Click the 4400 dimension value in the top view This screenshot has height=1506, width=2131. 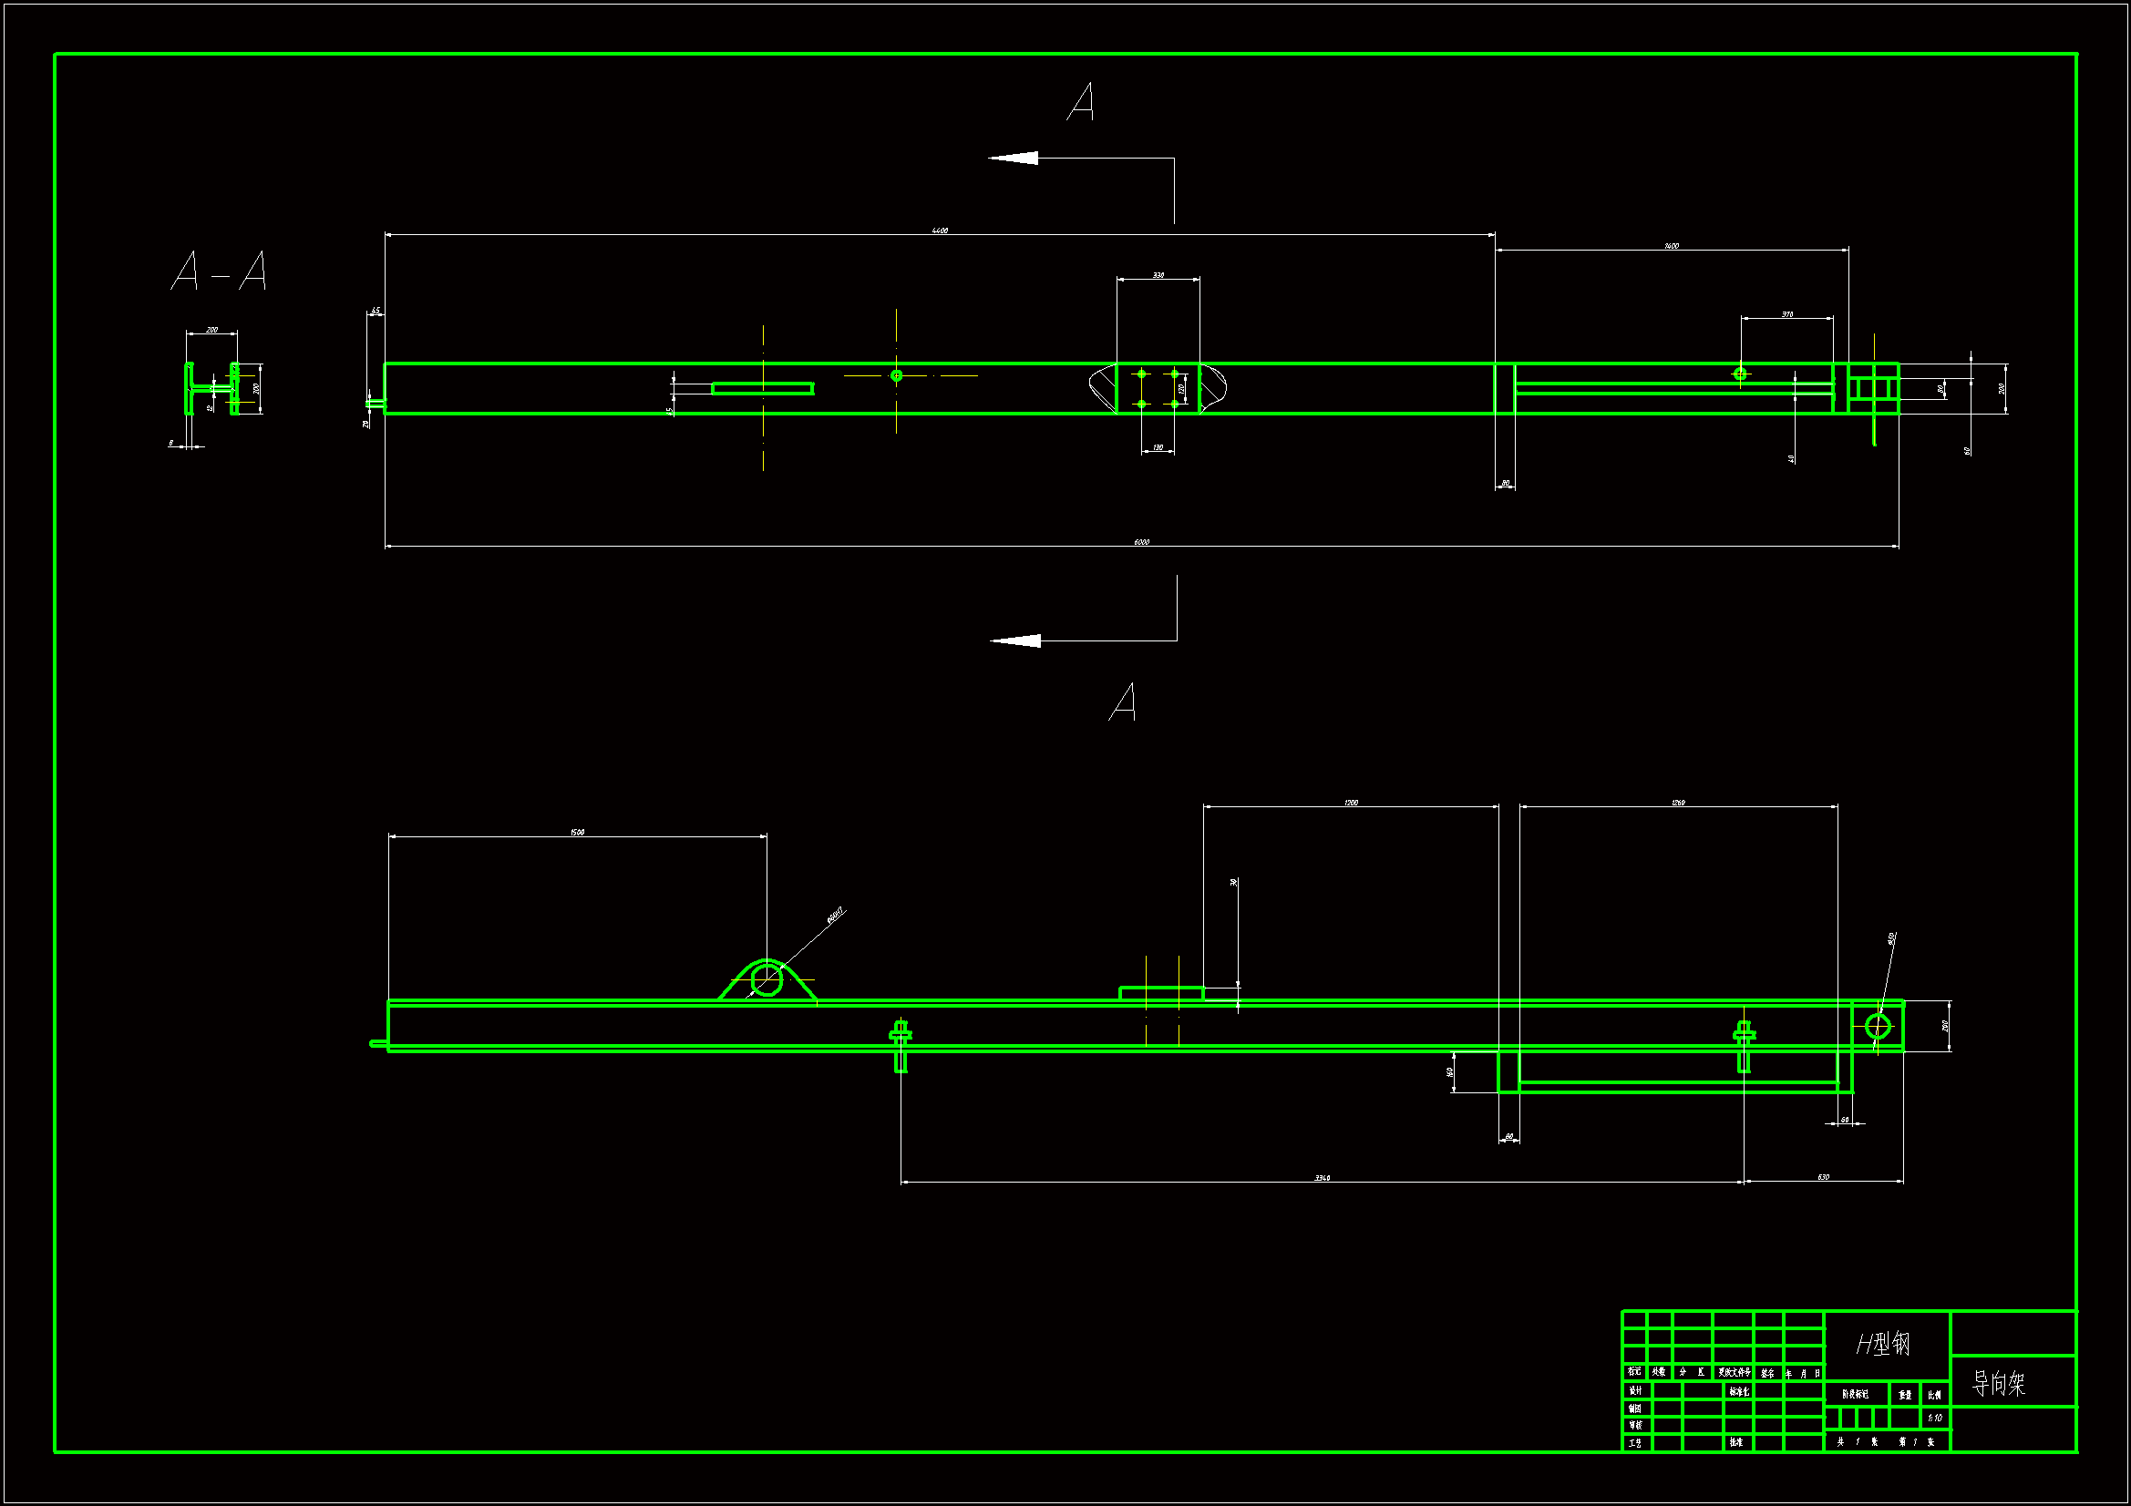[x=940, y=231]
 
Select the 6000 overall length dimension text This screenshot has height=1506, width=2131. [x=1140, y=542]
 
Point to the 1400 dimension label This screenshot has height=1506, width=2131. [x=1671, y=246]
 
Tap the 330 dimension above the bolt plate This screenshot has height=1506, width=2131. [x=1158, y=274]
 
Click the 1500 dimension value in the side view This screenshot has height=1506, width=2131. [x=577, y=833]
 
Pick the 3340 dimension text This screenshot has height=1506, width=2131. [x=1322, y=1177]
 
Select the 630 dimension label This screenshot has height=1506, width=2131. [x=1823, y=1177]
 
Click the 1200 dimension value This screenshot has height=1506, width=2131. [x=1351, y=803]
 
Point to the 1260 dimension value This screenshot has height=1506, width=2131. [x=1678, y=803]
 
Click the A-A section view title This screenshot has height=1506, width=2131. [x=219, y=271]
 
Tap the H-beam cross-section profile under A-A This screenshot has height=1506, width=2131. [x=211, y=389]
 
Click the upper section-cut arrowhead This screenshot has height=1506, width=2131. [x=1014, y=158]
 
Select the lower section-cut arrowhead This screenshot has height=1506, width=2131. [x=1016, y=640]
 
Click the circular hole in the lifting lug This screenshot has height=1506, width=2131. [x=767, y=979]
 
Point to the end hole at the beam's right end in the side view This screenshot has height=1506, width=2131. [x=1878, y=1026]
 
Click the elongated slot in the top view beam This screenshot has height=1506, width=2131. [x=763, y=388]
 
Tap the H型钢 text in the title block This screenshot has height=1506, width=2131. [x=1883, y=1343]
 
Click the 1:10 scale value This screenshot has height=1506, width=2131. [x=1935, y=1418]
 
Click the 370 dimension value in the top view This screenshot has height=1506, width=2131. [x=1786, y=314]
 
